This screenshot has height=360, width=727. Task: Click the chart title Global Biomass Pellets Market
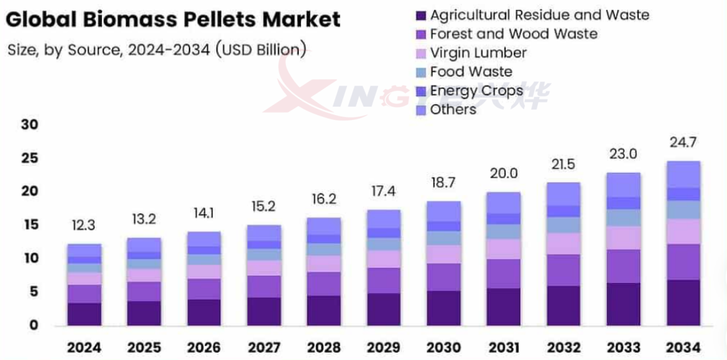click(173, 19)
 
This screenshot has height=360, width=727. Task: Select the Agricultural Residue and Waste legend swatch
click(420, 14)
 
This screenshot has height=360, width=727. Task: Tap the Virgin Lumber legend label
click(478, 53)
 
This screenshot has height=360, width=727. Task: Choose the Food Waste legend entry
click(470, 72)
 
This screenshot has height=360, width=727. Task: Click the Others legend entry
click(452, 109)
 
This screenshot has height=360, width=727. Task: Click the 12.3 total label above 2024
click(84, 225)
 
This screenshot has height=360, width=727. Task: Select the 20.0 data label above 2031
click(504, 173)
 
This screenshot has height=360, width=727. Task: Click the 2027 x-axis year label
click(264, 347)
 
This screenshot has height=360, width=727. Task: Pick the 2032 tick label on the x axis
click(564, 347)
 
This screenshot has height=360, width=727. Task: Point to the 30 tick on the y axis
click(30, 124)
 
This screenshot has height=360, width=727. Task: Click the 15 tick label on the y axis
click(30, 225)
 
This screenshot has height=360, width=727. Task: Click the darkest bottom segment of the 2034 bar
click(684, 303)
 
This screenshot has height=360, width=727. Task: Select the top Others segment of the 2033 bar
click(624, 185)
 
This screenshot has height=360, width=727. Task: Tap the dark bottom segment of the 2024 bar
click(84, 314)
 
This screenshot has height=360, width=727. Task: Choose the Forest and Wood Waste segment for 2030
click(444, 277)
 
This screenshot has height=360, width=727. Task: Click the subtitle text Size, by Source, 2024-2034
click(156, 50)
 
